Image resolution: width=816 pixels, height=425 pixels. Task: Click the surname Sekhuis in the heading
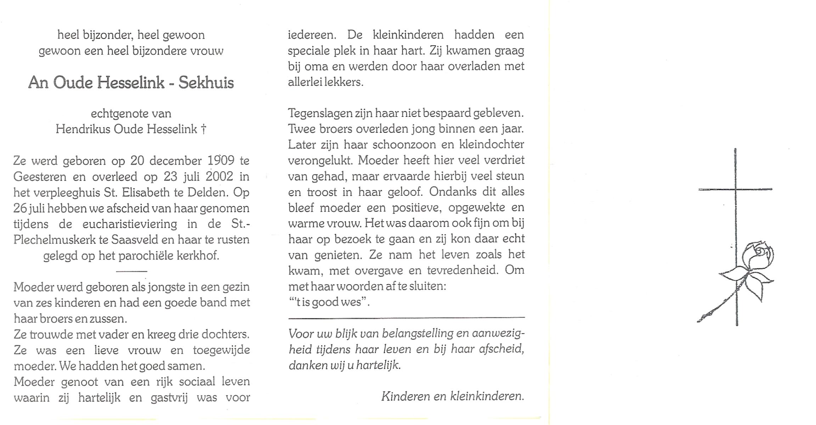click(206, 83)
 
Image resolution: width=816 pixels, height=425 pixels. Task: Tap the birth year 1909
click(221, 161)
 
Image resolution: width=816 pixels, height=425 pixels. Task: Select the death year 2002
click(219, 176)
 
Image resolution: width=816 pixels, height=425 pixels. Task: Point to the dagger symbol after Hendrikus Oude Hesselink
click(203, 129)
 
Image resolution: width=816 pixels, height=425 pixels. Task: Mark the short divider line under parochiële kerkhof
click(131, 271)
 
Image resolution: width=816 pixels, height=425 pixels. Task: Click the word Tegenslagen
click(320, 113)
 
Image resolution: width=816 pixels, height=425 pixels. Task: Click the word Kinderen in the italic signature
click(405, 396)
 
